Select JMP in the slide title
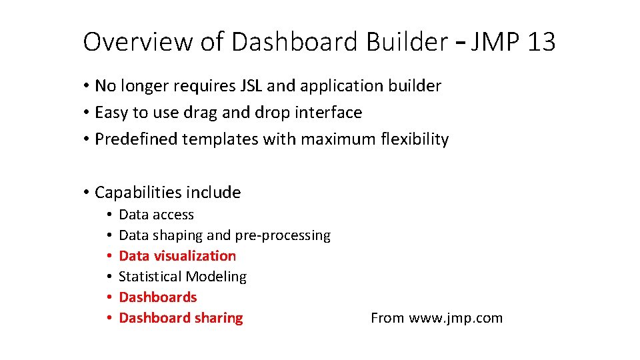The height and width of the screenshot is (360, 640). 495,42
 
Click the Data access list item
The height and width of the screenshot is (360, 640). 156,215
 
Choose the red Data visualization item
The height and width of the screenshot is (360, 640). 177,256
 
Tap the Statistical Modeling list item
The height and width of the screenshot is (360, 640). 183,277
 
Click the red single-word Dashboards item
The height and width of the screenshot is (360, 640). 158,297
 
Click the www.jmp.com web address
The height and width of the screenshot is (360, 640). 456,318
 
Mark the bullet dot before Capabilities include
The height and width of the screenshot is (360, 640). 87,193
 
